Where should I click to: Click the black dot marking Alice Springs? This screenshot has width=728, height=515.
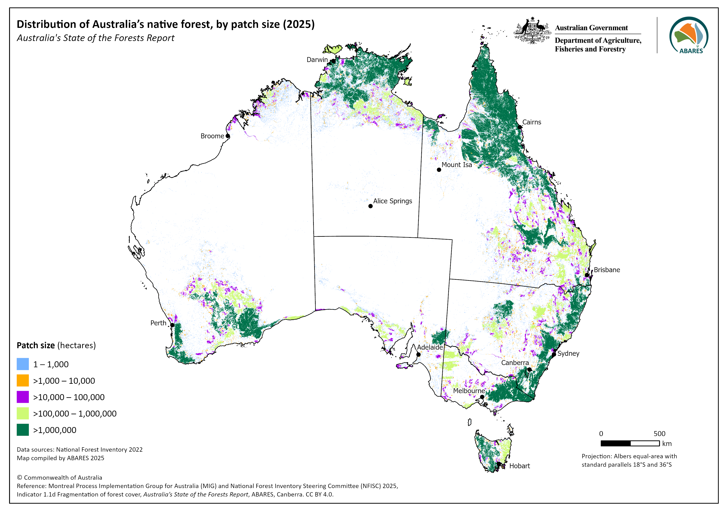click(x=370, y=206)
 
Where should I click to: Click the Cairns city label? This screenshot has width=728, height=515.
click(x=531, y=122)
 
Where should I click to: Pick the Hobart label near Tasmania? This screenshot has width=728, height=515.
click(x=519, y=466)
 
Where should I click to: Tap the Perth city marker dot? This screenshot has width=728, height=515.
click(x=172, y=325)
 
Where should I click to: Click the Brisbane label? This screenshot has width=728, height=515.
click(x=607, y=270)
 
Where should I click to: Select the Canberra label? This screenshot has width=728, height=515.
click(x=515, y=363)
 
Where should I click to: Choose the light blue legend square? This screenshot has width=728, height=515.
click(x=23, y=364)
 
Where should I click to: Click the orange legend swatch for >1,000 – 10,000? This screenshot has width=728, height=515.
click(x=23, y=380)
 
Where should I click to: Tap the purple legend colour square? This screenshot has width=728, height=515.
click(x=23, y=397)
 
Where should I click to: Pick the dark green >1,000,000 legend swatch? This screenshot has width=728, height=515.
click(x=23, y=430)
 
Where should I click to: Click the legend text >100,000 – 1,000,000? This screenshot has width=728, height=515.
click(x=75, y=413)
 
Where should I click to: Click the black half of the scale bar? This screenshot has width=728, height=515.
click(x=616, y=443)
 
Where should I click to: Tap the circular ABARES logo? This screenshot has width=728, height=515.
click(x=689, y=35)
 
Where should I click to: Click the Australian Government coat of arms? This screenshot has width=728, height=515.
click(x=532, y=31)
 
